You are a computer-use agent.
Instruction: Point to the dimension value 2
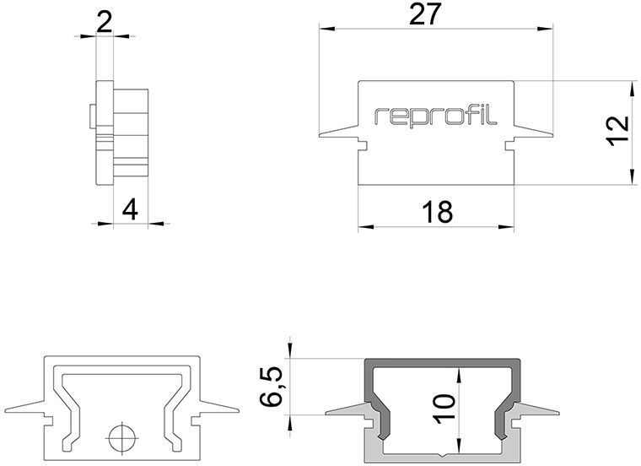point(105,20)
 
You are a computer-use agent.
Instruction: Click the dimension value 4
point(128,209)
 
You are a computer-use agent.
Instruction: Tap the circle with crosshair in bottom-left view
point(120,439)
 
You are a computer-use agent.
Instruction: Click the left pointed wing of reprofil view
point(342,133)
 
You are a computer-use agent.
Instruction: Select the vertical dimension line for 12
point(631,131)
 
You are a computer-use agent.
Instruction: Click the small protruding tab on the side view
point(92,115)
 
